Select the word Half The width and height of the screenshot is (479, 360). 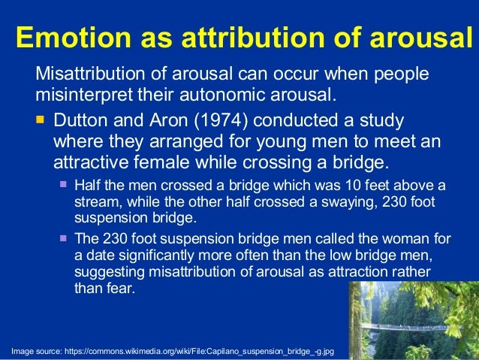(x=89, y=186)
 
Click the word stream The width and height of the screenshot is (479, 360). (x=95, y=203)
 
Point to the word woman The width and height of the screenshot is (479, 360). (x=410, y=239)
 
